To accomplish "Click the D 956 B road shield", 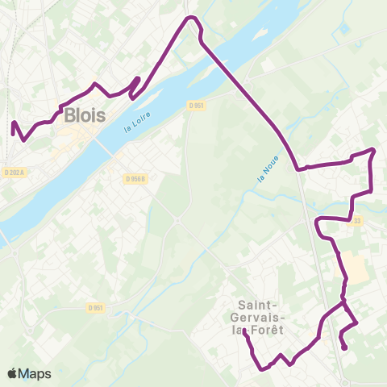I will point(136,178).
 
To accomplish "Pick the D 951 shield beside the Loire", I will point(197,105).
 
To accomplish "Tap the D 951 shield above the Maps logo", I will point(96,307).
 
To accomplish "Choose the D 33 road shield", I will point(357,219).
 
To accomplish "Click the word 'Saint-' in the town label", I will point(260,304).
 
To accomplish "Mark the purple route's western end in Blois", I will point(13,123).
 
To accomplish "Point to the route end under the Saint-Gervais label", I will point(244,332).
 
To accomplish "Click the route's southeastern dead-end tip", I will point(346,348).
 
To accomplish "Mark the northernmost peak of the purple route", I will point(191,17).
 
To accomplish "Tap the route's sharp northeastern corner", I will point(374,150).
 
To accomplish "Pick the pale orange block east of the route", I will point(356,267).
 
